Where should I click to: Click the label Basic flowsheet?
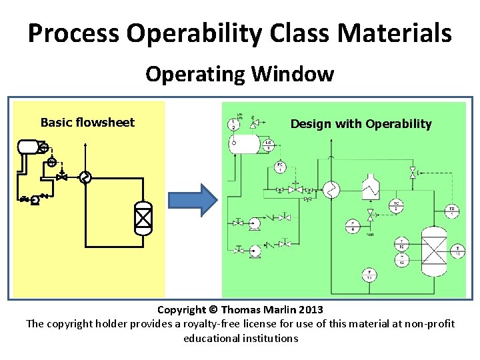pos(87,122)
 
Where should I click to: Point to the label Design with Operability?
pos(361,123)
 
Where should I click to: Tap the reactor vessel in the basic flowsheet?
pos(143,217)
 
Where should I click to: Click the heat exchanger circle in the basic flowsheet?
pos(85,177)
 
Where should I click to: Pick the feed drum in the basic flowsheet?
pos(29,146)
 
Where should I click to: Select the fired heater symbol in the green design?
pos(369,187)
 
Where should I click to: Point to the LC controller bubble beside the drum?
pos(268,144)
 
